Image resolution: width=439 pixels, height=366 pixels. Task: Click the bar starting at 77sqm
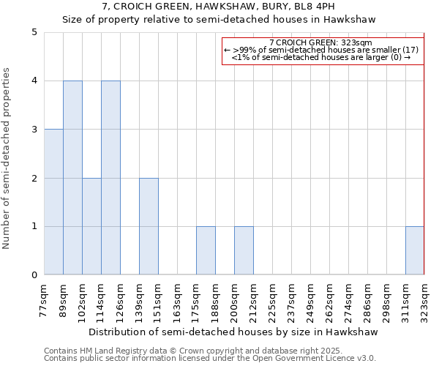53,202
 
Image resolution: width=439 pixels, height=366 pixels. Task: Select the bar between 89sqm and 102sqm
72,178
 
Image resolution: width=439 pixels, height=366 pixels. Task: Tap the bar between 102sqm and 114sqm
91,226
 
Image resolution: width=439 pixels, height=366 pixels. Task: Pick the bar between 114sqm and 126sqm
110,178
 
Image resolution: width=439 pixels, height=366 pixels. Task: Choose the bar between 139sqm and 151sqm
149,226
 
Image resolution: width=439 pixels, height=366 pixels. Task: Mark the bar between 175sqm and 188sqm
206,250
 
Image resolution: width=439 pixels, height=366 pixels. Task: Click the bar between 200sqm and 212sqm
244,250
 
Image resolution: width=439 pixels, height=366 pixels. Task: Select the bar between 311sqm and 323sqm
415,250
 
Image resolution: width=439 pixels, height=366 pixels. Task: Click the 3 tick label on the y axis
34,130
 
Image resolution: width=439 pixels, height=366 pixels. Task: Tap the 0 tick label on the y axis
34,275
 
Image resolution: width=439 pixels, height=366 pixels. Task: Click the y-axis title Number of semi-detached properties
7,158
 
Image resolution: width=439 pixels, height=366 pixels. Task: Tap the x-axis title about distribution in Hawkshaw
234,332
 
